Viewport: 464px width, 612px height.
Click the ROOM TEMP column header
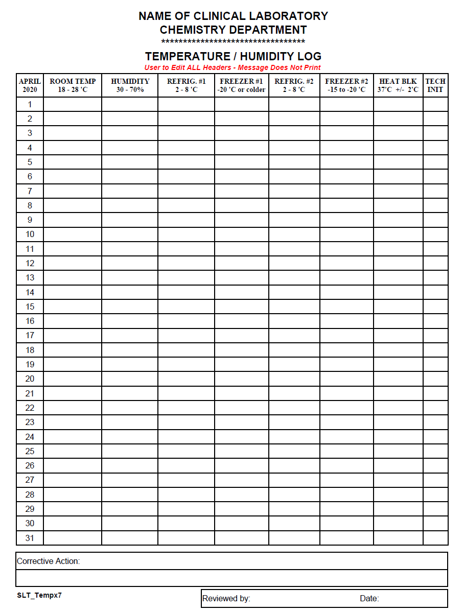pos(73,85)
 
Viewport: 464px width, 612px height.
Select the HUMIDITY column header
pos(130,85)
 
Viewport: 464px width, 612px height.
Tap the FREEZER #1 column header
pos(241,85)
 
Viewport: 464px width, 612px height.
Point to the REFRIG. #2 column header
pos(294,85)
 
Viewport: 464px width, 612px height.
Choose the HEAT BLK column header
pos(398,85)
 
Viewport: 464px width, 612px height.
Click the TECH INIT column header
pos(435,85)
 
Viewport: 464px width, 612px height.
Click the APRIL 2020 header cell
pos(30,85)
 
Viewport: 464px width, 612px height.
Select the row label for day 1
pos(30,104)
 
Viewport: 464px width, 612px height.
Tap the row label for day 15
pos(30,307)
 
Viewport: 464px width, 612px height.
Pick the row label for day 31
pos(30,538)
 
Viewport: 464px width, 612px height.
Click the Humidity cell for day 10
pos(130,234)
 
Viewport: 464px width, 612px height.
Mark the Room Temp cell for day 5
pos(73,162)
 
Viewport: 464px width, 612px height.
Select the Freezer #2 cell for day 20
pos(346,379)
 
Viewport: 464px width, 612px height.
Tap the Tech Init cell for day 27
pos(435,480)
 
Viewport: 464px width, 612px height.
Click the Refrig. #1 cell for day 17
pos(186,336)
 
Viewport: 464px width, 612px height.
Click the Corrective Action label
pos(49,561)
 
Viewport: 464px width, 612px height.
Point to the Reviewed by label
pos(226,598)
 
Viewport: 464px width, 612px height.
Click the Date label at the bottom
pos(369,598)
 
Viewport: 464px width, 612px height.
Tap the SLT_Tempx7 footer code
pos(39,595)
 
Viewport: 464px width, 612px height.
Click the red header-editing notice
pos(233,67)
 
